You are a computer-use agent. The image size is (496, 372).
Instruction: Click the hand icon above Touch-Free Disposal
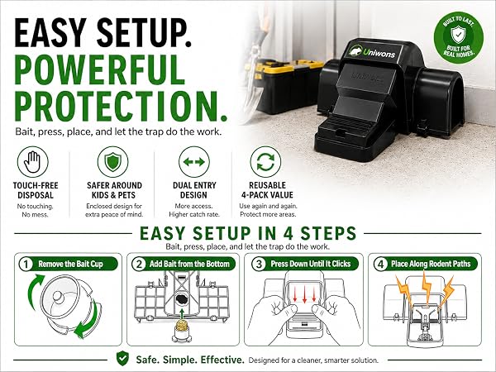pyautogui.click(x=33, y=162)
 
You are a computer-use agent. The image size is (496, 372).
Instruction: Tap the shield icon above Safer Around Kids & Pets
pyautogui.click(x=113, y=162)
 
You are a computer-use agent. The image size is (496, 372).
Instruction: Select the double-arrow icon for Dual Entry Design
pyautogui.click(x=194, y=162)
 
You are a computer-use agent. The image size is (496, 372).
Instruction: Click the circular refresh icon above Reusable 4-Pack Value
pyautogui.click(x=265, y=162)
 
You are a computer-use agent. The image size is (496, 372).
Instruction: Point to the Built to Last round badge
pyautogui.click(x=458, y=37)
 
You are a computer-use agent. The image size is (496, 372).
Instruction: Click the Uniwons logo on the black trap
pyautogui.click(x=373, y=52)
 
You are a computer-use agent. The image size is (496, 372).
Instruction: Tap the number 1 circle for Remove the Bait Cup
pyautogui.click(x=26, y=265)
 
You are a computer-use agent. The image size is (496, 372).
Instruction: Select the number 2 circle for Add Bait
pyautogui.click(x=138, y=265)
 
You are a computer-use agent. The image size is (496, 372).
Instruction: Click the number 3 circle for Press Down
pyautogui.click(x=259, y=265)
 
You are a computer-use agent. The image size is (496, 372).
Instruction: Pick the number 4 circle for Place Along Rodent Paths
pyautogui.click(x=380, y=265)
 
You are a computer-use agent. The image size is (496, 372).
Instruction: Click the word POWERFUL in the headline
pyautogui.click(x=100, y=69)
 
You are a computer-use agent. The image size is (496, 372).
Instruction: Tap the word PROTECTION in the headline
pyautogui.click(x=121, y=106)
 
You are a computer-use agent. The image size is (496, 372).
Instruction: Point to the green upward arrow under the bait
pyautogui.click(x=182, y=313)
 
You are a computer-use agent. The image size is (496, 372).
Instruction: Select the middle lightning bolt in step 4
pyautogui.click(x=427, y=287)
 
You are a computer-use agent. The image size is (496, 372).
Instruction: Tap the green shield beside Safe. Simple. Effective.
pyautogui.click(x=122, y=359)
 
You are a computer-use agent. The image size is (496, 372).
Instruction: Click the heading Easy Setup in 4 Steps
pyautogui.click(x=248, y=233)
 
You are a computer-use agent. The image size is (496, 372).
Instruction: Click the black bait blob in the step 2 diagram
pyautogui.click(x=182, y=299)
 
